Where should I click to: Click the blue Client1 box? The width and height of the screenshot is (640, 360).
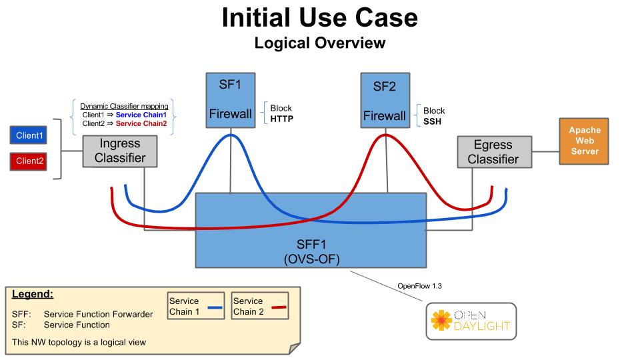[29, 136]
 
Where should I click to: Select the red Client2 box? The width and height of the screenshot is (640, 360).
[29, 161]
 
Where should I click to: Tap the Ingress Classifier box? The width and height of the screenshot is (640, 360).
[120, 151]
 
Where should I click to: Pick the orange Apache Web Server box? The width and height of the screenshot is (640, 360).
[584, 141]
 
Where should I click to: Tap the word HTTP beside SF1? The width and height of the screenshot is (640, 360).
[282, 119]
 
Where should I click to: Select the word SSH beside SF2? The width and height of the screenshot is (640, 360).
[433, 121]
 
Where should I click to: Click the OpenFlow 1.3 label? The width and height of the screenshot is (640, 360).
[420, 286]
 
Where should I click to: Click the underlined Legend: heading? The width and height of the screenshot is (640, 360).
[33, 294]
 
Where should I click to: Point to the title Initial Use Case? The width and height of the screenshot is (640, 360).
[320, 17]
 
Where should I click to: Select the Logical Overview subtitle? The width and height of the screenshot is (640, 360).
[320, 43]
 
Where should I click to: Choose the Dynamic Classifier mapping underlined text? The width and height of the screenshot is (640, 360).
[124, 106]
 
